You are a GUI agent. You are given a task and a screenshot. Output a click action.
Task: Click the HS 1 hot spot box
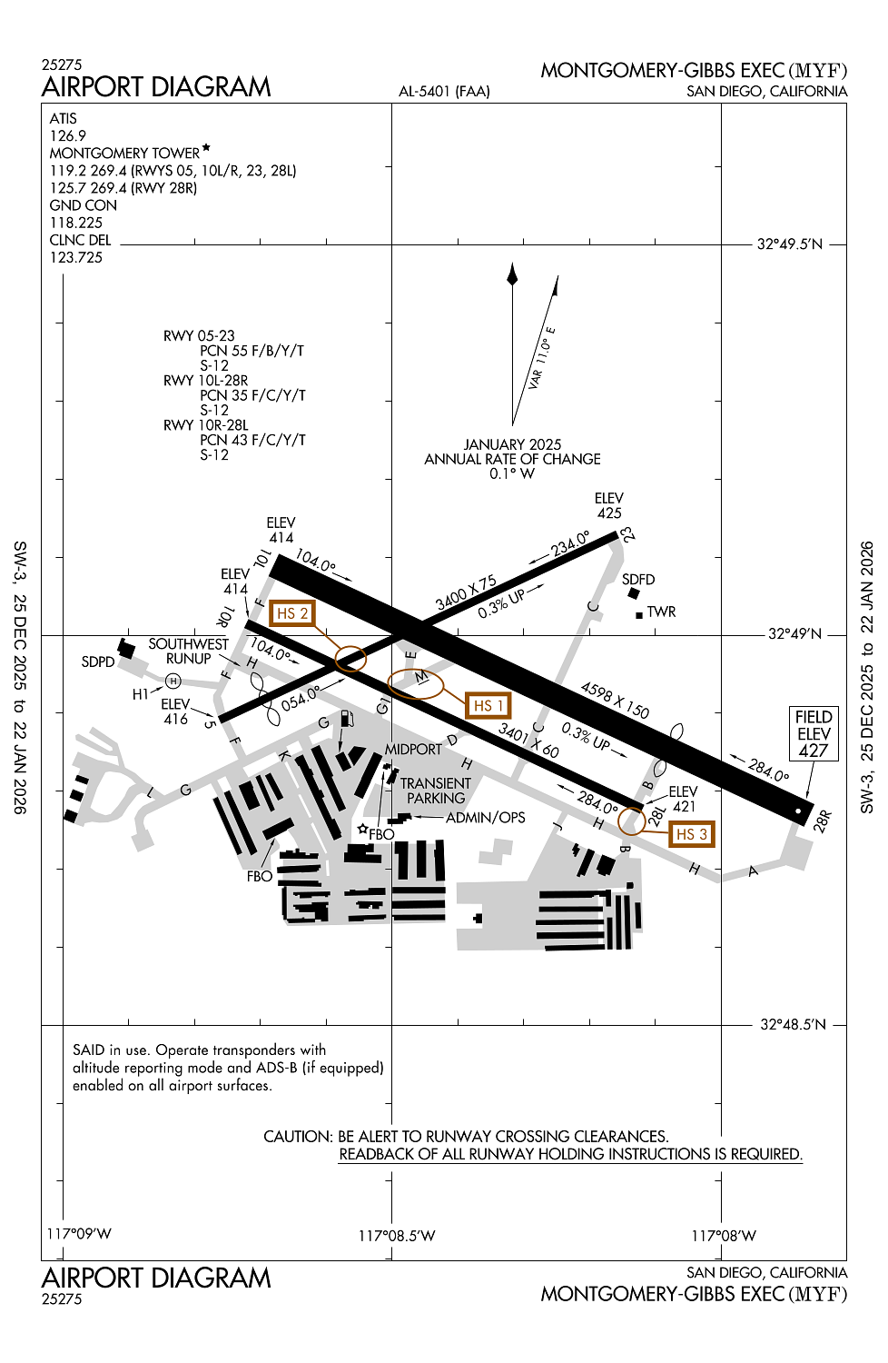488,705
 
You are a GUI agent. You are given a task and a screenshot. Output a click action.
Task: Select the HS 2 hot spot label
292,613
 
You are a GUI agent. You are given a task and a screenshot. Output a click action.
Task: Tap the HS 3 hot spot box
691,834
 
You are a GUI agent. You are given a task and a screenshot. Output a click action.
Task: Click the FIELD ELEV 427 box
814,733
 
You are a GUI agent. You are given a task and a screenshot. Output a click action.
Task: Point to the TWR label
661,612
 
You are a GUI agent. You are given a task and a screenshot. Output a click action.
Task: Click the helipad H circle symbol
173,681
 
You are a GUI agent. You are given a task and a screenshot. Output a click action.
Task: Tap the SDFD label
638,579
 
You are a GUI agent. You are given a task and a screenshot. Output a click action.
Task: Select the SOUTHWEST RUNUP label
189,651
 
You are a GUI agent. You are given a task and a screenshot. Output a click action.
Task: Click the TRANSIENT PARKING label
436,791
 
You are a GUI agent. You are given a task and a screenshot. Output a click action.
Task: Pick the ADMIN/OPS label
485,817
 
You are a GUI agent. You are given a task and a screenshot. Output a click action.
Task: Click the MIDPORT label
413,749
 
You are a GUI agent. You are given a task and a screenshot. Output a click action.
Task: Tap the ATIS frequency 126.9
68,135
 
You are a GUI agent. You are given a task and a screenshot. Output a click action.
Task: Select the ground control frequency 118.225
76,223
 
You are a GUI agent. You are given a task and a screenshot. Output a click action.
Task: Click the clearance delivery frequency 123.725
76,257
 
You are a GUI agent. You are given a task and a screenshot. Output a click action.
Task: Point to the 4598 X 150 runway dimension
615,701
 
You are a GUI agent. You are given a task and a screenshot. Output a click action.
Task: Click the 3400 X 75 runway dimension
466,592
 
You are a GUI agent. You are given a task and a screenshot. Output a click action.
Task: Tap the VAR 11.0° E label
542,358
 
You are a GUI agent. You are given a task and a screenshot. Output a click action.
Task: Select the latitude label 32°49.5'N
790,244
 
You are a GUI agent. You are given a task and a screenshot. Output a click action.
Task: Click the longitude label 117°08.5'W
397,1235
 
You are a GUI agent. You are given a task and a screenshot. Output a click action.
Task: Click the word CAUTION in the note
298,1136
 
